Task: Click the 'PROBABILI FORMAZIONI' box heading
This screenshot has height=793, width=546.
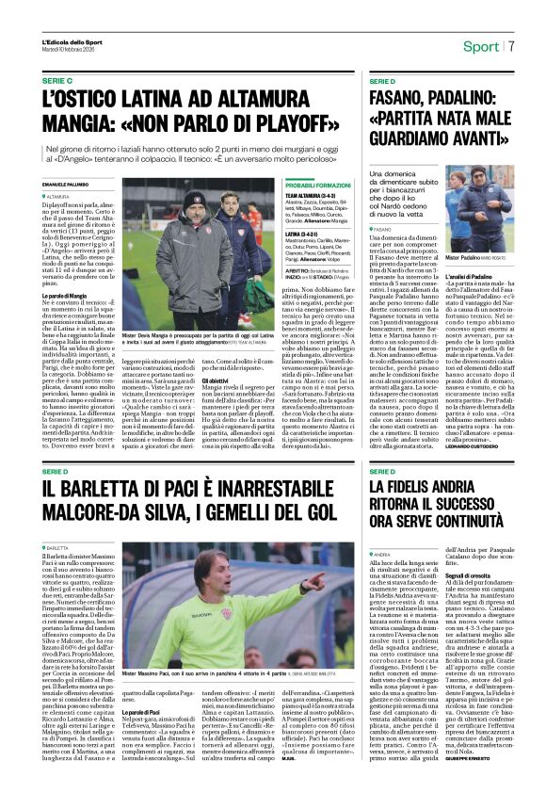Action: click(x=317, y=186)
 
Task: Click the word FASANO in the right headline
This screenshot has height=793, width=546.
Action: click(x=400, y=96)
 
